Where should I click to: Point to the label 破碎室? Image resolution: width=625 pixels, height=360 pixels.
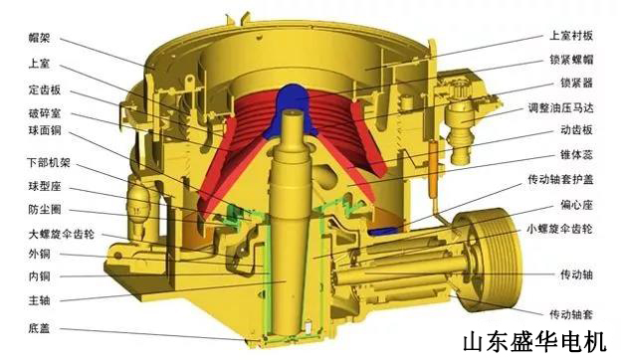tap(44, 114)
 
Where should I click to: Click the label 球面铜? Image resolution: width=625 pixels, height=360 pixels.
tap(44, 129)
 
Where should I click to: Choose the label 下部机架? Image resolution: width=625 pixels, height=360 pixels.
tap(49, 162)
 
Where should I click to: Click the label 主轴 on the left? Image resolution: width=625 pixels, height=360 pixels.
tap(41, 296)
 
